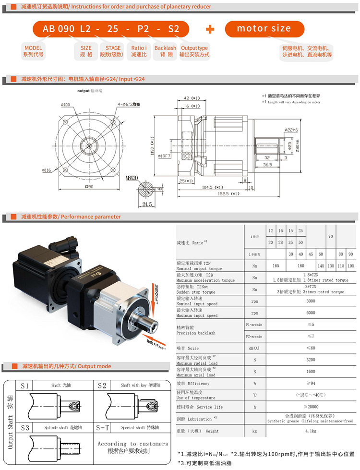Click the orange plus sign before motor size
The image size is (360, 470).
coord(210,29)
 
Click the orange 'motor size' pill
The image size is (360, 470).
coord(264,29)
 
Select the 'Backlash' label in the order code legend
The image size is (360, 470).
coord(165,48)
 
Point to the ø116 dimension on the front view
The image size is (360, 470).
coord(47,169)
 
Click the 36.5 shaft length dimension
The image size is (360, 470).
coord(268,165)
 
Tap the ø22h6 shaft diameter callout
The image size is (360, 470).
coord(291,130)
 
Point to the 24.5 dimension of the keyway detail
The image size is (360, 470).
coord(147,204)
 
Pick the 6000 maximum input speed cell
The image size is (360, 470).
coord(312,313)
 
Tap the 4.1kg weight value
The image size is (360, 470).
coord(312,431)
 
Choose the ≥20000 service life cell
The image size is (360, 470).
coord(312,406)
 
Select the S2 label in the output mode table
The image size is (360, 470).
coord(102,386)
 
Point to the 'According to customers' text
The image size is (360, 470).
coord(133,444)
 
